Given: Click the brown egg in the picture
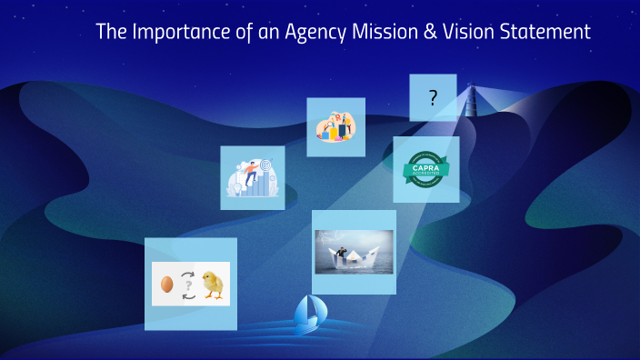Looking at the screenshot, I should tap(167, 285).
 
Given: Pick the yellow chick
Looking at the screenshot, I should tap(214, 284).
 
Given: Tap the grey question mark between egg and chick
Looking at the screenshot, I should tap(189, 285).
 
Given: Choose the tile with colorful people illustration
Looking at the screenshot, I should tap(335, 126).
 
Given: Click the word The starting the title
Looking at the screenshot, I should tap(111, 32).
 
